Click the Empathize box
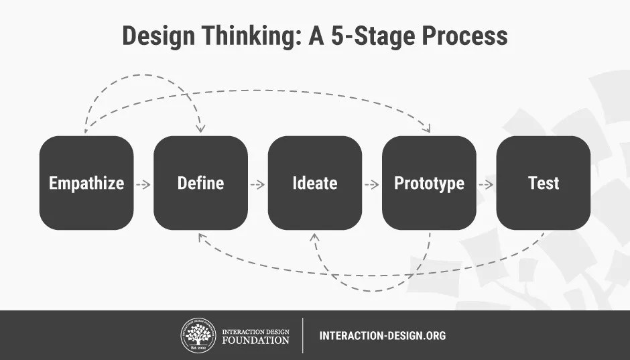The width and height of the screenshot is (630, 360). (x=86, y=183)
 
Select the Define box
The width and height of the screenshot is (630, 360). (x=200, y=183)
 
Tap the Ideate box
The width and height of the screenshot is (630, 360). (x=315, y=183)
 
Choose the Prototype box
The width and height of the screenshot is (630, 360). (x=429, y=183)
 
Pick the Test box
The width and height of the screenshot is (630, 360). (x=544, y=183)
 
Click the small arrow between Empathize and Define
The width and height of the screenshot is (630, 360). (x=143, y=185)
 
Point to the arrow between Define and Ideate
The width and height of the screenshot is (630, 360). (x=257, y=185)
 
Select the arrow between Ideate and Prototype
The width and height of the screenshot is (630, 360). (x=372, y=185)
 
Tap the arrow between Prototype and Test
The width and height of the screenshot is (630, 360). (x=486, y=185)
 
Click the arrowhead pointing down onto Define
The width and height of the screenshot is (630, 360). (x=200, y=129)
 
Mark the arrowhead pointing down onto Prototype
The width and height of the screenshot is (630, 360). (x=427, y=128)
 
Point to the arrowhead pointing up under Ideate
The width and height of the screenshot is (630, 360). (x=315, y=237)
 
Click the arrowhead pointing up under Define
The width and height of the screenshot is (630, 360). (x=202, y=238)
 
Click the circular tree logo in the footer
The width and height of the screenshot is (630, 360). (x=198, y=335)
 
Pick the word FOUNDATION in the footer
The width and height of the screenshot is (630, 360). (x=255, y=341)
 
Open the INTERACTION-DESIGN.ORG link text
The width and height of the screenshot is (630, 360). (x=383, y=335)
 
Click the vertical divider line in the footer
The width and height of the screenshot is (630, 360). (x=302, y=335)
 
